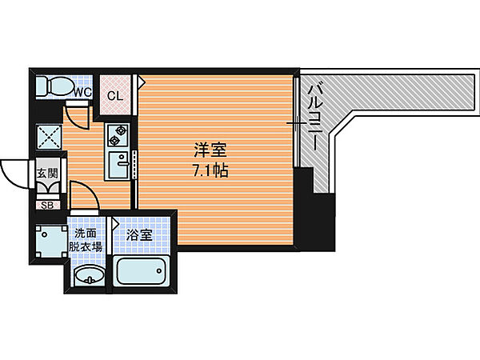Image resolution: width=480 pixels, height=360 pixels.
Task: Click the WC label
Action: point(83,92)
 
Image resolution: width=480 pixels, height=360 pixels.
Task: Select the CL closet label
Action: point(114,96)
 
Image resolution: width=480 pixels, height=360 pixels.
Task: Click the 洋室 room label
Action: point(210,150)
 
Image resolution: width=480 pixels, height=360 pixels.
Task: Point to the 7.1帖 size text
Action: point(210,170)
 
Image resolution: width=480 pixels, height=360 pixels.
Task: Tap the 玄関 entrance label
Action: point(47,174)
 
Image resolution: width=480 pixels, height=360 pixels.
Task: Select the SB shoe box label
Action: point(47,206)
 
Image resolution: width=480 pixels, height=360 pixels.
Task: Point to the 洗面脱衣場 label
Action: point(86,240)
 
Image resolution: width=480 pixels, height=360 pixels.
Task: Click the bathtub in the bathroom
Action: point(141,271)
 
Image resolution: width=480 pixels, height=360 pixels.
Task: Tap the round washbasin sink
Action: point(90,274)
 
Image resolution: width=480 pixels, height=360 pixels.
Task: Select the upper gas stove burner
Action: point(121,130)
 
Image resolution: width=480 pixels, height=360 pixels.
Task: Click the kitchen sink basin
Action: point(118,165)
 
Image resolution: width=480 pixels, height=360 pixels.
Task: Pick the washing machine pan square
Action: point(51,242)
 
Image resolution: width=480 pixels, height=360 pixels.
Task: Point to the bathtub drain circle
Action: point(159,270)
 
